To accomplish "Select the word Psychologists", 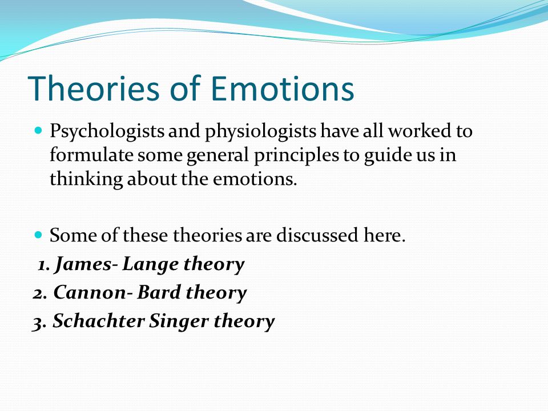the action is point(107,132).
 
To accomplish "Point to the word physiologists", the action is point(260,132).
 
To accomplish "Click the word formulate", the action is point(91,155).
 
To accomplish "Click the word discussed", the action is point(317,235).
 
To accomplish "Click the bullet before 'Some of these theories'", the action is point(38,234).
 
